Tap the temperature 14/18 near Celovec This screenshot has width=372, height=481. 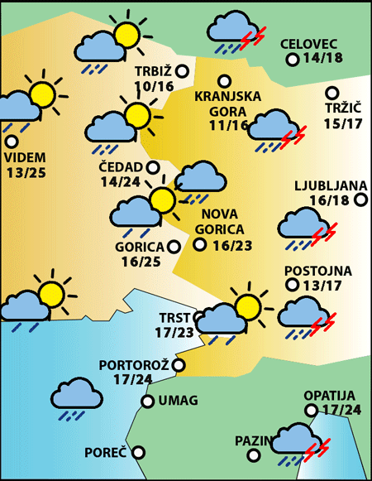tap(323, 60)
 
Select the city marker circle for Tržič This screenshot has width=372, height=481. tap(331, 94)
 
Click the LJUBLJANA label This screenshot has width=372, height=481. tap(324, 185)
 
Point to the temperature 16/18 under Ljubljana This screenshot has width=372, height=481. tap(330, 200)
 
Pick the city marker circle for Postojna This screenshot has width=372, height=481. tap(291, 285)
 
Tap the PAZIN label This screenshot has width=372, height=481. tap(252, 440)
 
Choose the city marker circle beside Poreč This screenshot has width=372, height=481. tap(139, 453)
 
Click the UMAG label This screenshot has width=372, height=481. tap(178, 402)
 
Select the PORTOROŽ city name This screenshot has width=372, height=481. tap(133, 365)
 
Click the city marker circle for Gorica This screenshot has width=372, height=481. tap(174, 246)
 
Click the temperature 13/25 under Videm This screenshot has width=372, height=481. tap(26, 172)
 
